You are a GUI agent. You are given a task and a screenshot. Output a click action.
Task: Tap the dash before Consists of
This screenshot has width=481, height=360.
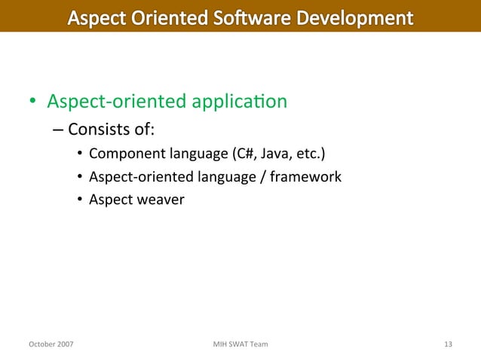click(58, 130)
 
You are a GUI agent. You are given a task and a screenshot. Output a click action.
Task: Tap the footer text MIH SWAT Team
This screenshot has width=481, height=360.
click(240, 345)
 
